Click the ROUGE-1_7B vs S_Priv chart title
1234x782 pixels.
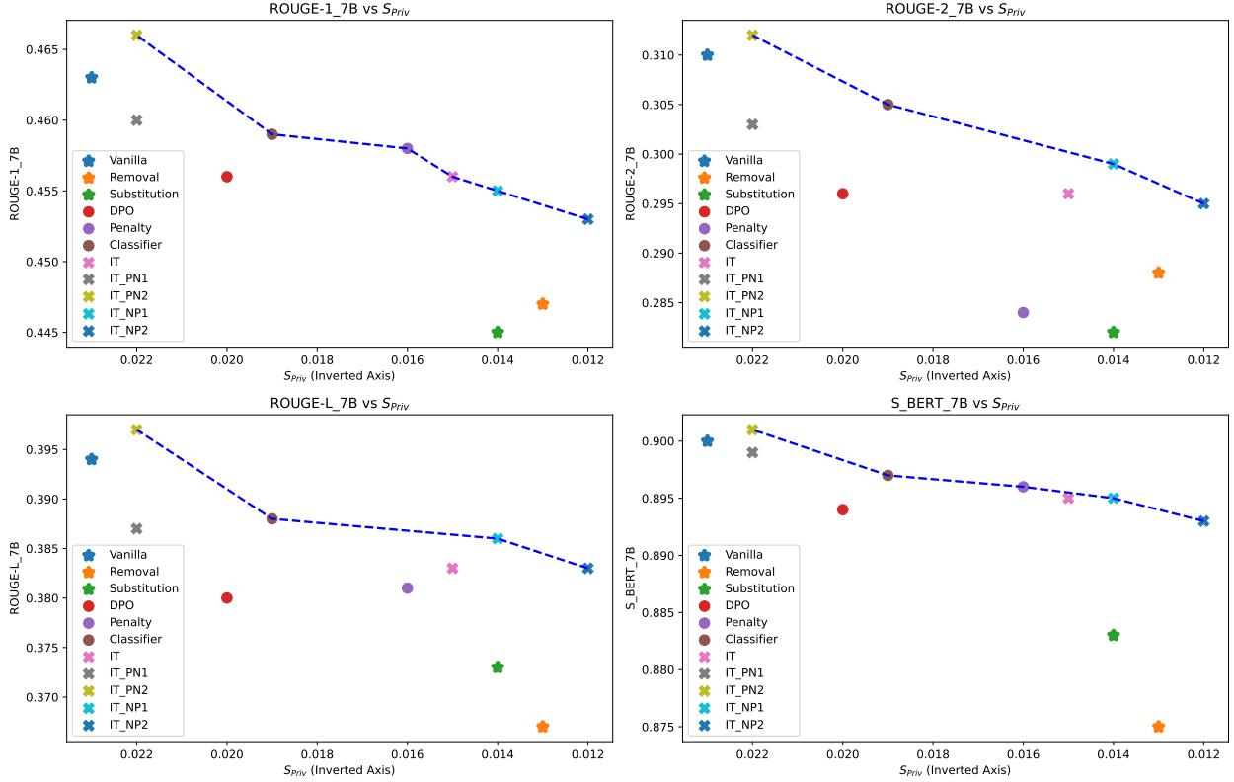pos(339,9)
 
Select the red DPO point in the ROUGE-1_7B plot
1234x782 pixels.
pos(227,177)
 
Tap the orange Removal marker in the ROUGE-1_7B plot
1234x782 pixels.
pos(543,304)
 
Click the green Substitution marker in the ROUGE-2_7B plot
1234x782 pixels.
pos(1114,333)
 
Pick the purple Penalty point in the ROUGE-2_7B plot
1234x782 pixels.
pos(1023,312)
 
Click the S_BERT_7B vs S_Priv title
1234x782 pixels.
pos(954,404)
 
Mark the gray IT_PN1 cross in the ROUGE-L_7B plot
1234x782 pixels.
pos(136,529)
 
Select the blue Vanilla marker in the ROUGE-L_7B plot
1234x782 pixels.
pos(92,459)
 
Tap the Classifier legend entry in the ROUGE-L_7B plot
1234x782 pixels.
pos(135,639)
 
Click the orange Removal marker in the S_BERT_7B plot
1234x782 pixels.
pos(1158,727)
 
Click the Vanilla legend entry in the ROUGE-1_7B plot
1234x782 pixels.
pos(132,160)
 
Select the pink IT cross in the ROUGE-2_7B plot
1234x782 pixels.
pos(1068,194)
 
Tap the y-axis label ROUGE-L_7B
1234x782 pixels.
pos(16,578)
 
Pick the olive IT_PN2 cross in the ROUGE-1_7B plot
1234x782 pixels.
pos(136,36)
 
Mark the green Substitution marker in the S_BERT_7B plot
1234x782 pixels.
pos(1114,635)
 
